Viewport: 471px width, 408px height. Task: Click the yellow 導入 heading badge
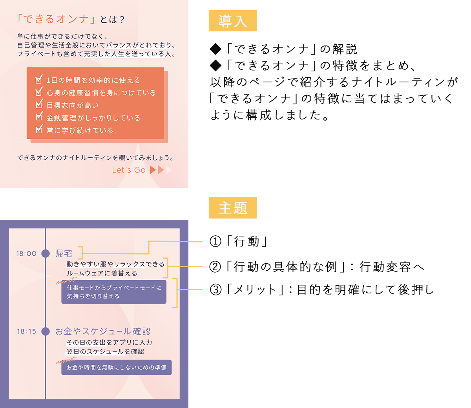pos(232,21)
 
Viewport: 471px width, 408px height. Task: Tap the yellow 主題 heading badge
pos(232,208)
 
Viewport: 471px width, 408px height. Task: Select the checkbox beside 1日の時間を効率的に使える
pos(39,80)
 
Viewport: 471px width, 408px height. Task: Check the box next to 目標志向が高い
pos(39,105)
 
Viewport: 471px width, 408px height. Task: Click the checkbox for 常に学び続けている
pos(39,129)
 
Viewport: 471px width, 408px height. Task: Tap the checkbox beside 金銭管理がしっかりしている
pos(39,117)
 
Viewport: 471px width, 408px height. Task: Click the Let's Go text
pos(129,170)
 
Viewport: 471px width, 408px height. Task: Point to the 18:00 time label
pos(26,253)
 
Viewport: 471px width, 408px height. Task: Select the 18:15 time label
pos(26,331)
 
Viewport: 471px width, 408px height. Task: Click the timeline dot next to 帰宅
pos(46,253)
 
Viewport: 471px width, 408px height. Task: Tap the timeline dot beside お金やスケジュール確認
pos(46,331)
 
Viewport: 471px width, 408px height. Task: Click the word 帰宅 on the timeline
pos(64,253)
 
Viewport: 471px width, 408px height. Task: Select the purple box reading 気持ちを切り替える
pos(114,292)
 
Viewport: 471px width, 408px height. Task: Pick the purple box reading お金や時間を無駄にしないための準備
pos(117,368)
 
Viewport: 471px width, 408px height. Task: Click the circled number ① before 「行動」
pos(215,241)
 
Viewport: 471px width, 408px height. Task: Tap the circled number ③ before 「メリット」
pos(215,290)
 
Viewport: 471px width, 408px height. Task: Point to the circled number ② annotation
pos(215,267)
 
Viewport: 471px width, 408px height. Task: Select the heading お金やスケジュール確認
pos(103,331)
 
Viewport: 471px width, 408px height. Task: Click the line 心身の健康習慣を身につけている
pos(101,93)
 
